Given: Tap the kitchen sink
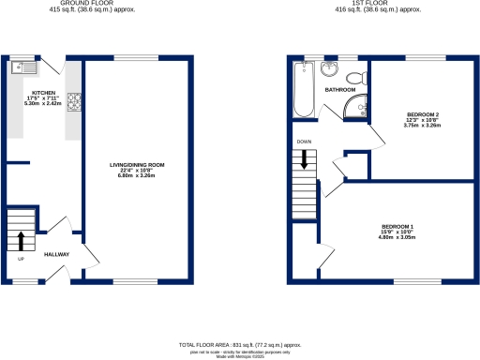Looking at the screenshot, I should [23, 67].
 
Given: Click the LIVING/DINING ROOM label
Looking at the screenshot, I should [137, 165].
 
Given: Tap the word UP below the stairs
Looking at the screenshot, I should [20, 259].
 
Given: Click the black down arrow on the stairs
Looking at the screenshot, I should [304, 160].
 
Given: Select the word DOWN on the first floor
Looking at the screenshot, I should [304, 142].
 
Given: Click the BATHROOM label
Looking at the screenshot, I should [339, 90].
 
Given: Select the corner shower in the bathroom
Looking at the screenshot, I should [353, 111].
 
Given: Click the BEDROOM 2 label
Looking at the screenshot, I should [423, 114].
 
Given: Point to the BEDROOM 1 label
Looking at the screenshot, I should [397, 227].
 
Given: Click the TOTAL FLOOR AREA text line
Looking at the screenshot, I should [239, 345].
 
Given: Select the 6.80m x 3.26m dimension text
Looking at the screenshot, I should [137, 176].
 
